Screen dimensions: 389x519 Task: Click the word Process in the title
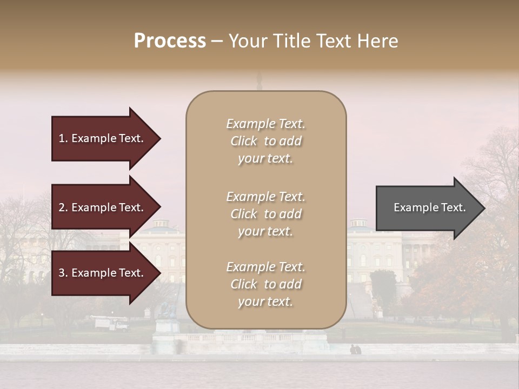click(x=170, y=41)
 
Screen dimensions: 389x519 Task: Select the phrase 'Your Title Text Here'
click(x=313, y=41)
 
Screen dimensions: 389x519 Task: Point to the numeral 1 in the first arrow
click(x=61, y=138)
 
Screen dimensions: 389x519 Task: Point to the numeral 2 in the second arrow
click(x=62, y=207)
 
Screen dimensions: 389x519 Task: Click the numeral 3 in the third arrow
click(x=62, y=273)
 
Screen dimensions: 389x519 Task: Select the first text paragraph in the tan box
click(x=265, y=141)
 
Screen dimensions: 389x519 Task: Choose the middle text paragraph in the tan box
click(x=265, y=214)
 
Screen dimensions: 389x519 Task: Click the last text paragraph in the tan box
click(x=265, y=284)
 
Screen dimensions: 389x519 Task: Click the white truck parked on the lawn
click(x=111, y=323)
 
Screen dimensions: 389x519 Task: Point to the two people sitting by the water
click(x=355, y=350)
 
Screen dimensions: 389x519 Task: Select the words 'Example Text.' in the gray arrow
click(x=429, y=207)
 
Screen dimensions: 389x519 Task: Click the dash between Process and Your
click(x=217, y=42)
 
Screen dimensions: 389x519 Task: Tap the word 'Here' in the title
click(x=380, y=41)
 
